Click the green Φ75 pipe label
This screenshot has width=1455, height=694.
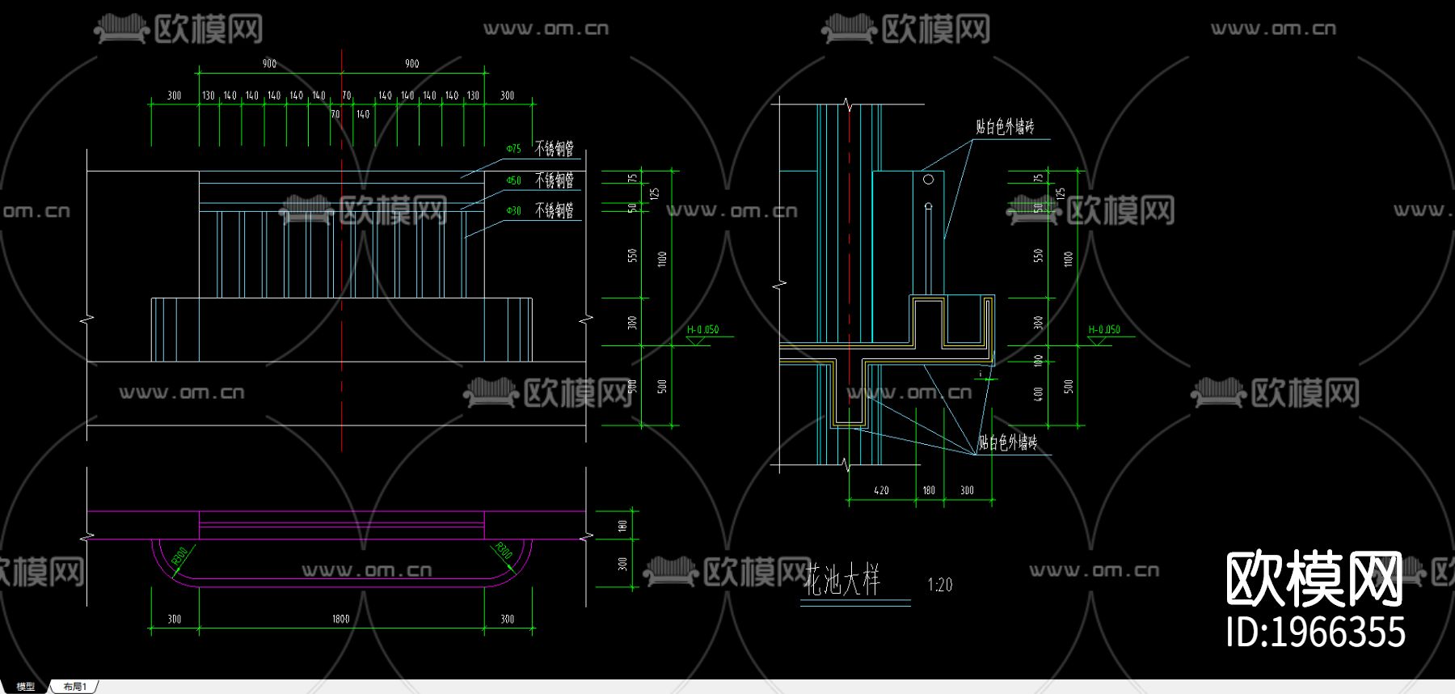coord(514,149)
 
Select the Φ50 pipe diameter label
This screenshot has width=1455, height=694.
coord(514,180)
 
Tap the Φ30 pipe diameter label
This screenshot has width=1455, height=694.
coord(514,210)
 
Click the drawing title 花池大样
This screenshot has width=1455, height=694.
coord(843,581)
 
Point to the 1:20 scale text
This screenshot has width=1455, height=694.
coord(939,585)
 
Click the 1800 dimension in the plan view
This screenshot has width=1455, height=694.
coord(340,619)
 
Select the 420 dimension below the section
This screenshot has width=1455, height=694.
coord(881,490)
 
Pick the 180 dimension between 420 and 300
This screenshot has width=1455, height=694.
coord(929,490)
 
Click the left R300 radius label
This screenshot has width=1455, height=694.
coord(179,555)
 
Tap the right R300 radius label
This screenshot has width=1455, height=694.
coord(502,551)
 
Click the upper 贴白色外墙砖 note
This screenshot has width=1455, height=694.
coord(1005,127)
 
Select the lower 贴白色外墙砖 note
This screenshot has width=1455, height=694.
coord(1007,442)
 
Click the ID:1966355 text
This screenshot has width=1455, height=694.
coord(1315,632)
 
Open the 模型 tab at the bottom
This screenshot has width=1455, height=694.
coord(26,687)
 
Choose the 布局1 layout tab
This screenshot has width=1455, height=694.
coord(74,687)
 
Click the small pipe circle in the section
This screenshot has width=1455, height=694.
coord(928,180)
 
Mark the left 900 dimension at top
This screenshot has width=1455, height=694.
coord(269,64)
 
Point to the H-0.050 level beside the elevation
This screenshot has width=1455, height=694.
coord(702,330)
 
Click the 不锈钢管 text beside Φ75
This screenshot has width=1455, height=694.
coord(555,149)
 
